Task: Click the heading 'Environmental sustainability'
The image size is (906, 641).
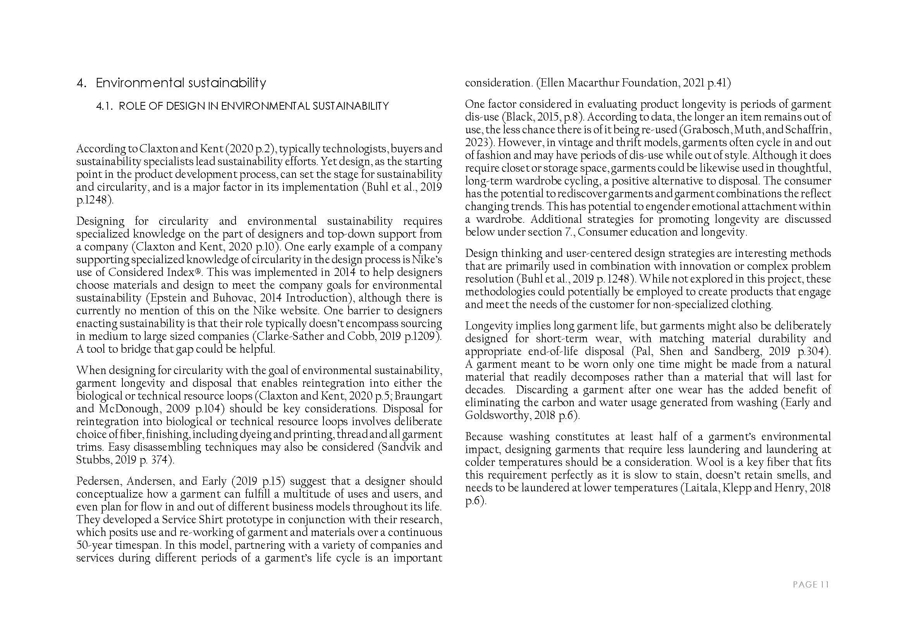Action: [x=181, y=83]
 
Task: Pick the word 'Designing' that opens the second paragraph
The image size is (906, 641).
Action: [x=100, y=221]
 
